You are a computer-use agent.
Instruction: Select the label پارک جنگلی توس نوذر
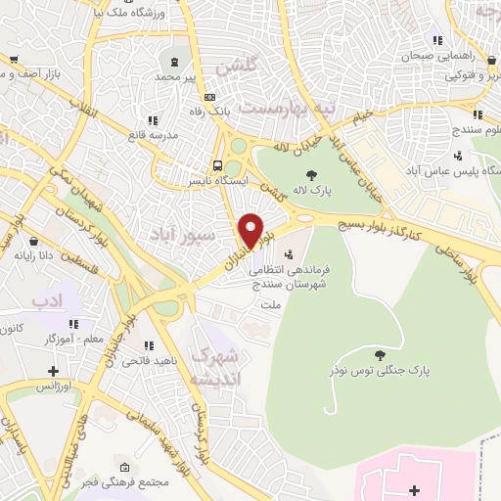pyautogui.click(x=419, y=370)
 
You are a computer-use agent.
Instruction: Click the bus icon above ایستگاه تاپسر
pyautogui.click(x=217, y=165)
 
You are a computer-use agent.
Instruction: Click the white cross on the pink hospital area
pyautogui.click(x=413, y=489)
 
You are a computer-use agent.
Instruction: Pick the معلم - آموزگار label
pyautogui.click(x=77, y=338)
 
